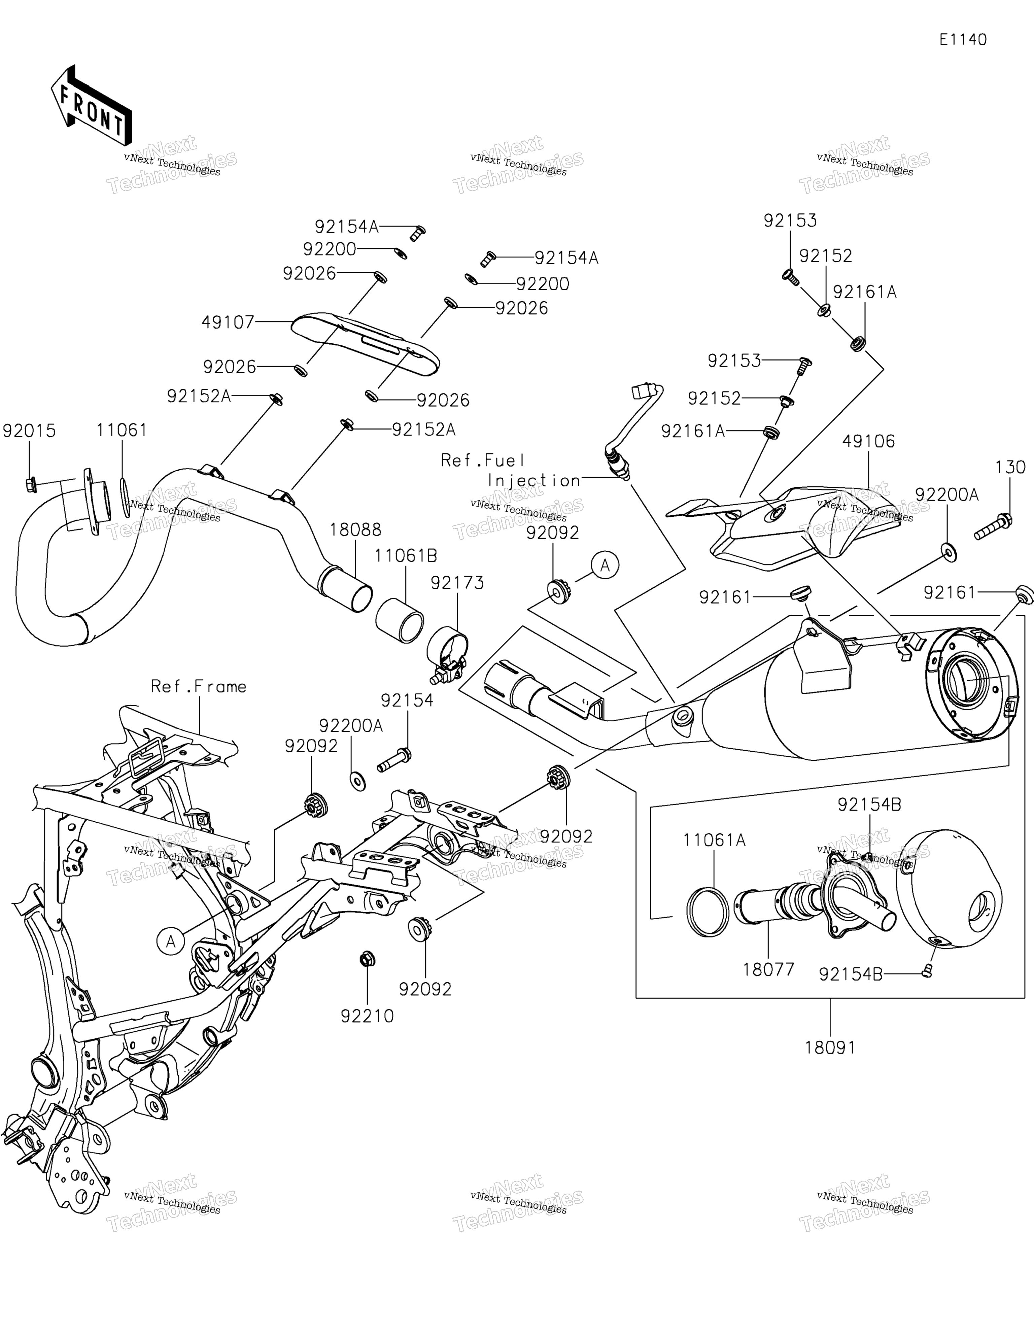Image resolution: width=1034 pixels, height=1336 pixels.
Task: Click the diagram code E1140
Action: (x=963, y=40)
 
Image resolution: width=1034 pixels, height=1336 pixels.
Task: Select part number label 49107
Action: (x=228, y=322)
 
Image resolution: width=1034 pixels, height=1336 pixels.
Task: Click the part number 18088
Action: (x=355, y=530)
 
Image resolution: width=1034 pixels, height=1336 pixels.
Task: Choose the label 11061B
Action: (x=406, y=556)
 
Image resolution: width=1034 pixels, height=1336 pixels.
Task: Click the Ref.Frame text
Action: (x=199, y=687)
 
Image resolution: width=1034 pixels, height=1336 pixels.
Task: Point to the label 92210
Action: (x=367, y=1016)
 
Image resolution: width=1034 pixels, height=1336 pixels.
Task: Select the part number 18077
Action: (x=768, y=969)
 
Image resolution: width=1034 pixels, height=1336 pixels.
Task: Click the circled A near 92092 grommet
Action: (x=605, y=566)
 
